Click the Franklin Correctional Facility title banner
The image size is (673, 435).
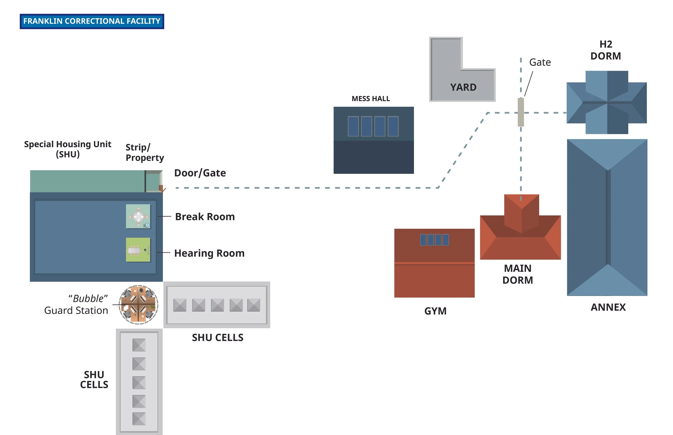(x=92, y=21)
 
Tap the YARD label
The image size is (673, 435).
(x=463, y=87)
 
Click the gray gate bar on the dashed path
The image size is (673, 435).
(x=521, y=112)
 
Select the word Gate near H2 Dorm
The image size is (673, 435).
(x=539, y=62)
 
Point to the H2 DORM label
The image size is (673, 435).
(x=605, y=50)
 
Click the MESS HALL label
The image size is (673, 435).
(x=370, y=99)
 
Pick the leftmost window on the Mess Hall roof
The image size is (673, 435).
(x=353, y=126)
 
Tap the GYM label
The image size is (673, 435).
(x=435, y=311)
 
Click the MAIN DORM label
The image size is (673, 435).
(x=517, y=274)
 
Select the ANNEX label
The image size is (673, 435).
(x=608, y=307)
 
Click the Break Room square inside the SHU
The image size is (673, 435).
(x=138, y=216)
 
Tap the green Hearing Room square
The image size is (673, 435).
(x=138, y=250)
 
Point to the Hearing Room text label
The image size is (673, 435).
(x=209, y=253)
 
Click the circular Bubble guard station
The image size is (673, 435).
(x=138, y=305)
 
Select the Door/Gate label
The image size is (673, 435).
(x=200, y=173)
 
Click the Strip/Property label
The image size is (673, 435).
(x=145, y=152)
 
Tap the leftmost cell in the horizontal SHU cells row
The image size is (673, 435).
(x=180, y=305)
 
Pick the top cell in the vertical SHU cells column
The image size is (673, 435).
(x=139, y=345)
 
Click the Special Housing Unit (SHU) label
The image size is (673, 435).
(x=68, y=149)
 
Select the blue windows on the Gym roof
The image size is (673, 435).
(x=434, y=240)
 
